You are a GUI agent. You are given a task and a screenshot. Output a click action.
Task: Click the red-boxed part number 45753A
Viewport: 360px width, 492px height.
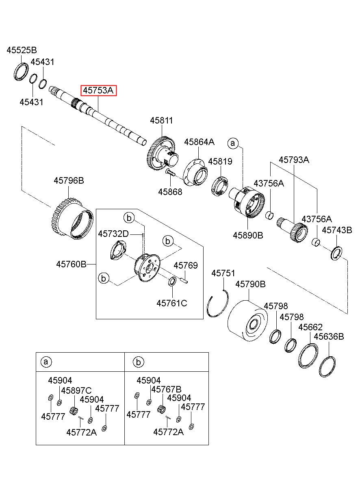[99, 90]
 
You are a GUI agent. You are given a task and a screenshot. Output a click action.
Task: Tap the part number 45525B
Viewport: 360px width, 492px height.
[22, 50]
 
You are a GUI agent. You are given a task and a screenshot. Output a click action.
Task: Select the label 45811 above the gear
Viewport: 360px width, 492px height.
[161, 121]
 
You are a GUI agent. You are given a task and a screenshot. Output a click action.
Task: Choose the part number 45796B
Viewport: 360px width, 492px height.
[69, 180]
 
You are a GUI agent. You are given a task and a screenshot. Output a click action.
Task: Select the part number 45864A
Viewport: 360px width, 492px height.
[199, 142]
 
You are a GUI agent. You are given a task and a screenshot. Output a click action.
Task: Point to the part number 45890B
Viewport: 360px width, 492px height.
[248, 235]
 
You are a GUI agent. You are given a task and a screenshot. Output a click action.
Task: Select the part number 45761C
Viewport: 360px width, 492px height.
[172, 302]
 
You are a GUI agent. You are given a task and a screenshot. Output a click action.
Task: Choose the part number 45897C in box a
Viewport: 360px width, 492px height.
[76, 390]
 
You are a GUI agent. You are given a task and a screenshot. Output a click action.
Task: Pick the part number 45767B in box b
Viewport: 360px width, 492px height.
[166, 389]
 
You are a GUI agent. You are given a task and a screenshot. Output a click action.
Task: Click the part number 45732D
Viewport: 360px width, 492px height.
[113, 234]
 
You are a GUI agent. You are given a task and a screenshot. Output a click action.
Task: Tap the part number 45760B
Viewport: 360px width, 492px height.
[72, 264]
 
